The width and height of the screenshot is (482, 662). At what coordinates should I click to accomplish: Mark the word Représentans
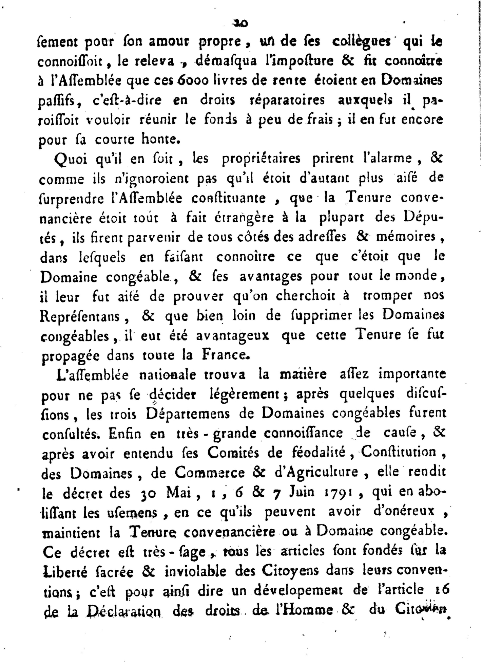(x=80, y=316)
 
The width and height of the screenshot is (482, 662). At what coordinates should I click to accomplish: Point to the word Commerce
(x=210, y=473)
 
